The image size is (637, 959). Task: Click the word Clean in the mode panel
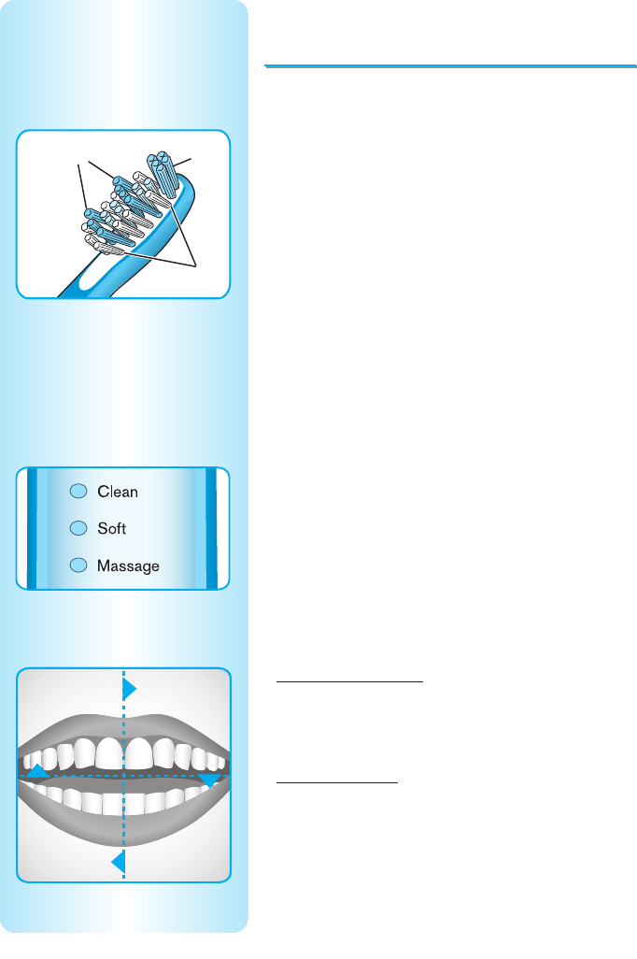tap(118, 492)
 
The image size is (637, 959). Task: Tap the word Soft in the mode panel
tap(111, 529)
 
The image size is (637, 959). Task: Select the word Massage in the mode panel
tap(128, 566)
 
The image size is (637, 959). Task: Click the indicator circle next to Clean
tap(78, 492)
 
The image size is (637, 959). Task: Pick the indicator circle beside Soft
tap(78, 528)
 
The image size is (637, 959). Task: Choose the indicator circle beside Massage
tap(78, 565)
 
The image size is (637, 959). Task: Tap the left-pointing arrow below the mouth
tap(119, 861)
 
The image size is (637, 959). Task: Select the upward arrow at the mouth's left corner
tap(37, 771)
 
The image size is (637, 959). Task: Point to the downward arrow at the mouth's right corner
tap(209, 780)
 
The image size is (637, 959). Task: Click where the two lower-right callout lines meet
tap(196, 267)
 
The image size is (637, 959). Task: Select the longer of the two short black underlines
tap(350, 682)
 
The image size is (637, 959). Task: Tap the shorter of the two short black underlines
tap(337, 783)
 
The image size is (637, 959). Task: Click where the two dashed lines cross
tap(123, 776)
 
